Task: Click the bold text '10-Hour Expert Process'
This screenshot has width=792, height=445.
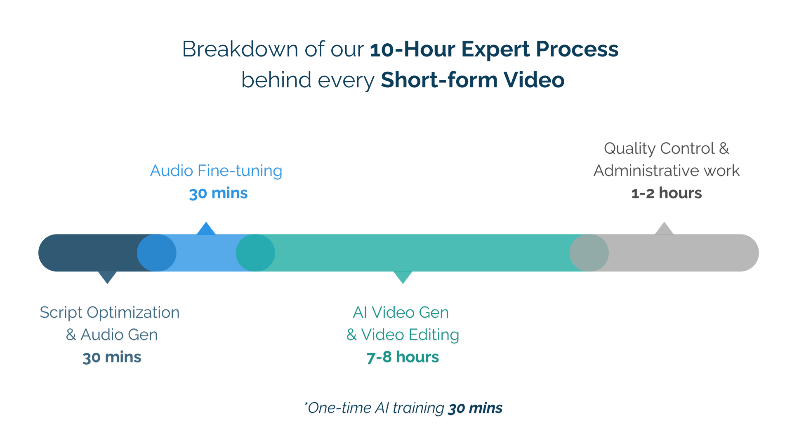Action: (x=494, y=49)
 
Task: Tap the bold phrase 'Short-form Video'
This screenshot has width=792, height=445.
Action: (x=473, y=80)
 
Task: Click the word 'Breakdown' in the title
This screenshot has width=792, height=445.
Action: (x=240, y=49)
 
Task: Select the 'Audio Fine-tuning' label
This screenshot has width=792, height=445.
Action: (x=216, y=171)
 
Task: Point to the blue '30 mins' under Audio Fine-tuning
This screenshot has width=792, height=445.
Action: (x=218, y=193)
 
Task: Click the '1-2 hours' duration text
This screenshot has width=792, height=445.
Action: (x=667, y=193)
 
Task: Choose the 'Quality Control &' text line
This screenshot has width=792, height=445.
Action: (x=667, y=148)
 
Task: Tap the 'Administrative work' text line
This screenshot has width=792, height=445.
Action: (x=667, y=171)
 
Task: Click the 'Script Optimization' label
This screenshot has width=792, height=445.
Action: (x=110, y=312)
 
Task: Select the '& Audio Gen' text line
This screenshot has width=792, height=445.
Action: (x=112, y=335)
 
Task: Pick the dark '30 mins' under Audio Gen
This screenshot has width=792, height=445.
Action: (x=112, y=357)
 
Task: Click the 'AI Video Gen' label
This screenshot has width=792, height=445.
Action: (x=401, y=312)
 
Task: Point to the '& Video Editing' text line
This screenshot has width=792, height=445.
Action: (x=403, y=335)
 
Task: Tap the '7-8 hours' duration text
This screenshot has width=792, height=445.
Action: (x=403, y=357)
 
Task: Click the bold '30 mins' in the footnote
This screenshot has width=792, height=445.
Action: (x=475, y=408)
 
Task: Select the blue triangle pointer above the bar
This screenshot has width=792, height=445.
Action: (x=206, y=230)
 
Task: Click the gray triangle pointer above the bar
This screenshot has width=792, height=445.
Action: (x=664, y=230)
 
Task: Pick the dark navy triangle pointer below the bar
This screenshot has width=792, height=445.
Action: (x=107, y=276)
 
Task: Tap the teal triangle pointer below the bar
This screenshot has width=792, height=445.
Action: (x=403, y=276)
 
